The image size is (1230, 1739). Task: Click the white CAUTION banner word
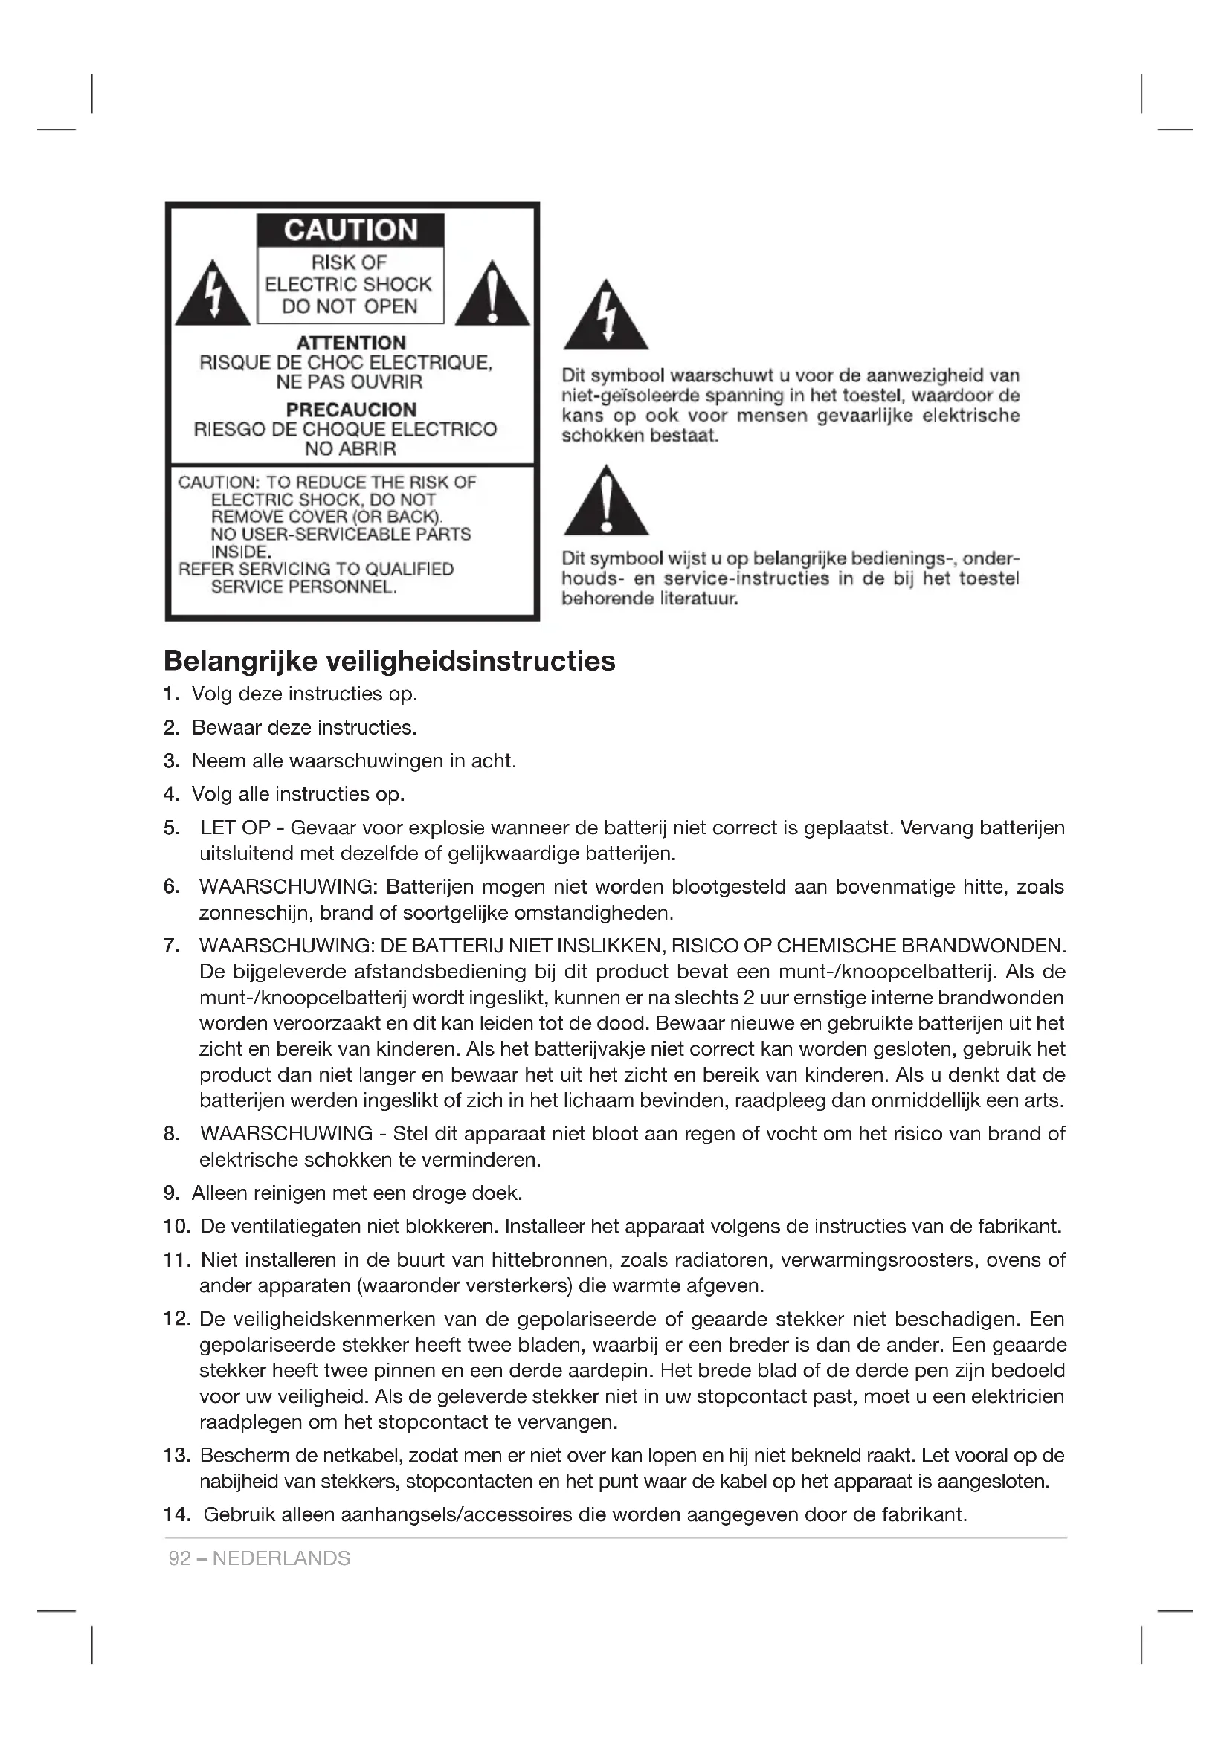coord(350,230)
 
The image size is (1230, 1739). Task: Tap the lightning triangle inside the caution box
coord(213,296)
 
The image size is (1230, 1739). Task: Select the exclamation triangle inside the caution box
coord(492,296)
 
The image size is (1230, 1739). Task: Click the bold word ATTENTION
coord(351,343)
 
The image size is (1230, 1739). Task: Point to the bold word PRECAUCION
coord(351,410)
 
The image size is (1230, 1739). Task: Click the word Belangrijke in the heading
coord(240,661)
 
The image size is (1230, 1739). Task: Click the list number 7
coord(171,945)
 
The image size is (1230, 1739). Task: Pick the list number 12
coord(176,1319)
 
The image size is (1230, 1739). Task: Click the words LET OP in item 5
coord(236,827)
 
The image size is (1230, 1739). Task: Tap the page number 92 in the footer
coord(179,1558)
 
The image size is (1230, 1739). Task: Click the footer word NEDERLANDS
coord(282,1558)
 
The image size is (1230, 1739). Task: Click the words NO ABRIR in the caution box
coord(350,449)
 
